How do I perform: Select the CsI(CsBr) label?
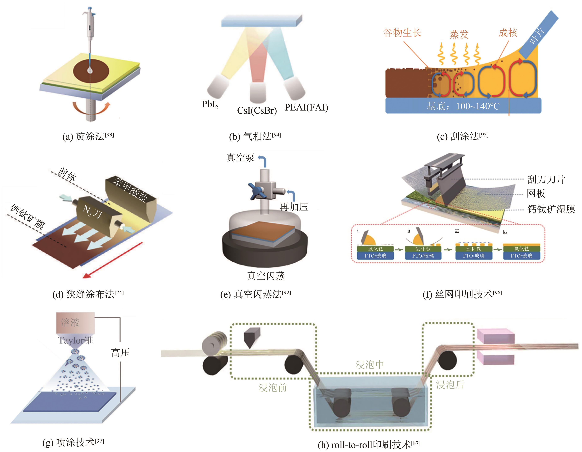click(x=257, y=110)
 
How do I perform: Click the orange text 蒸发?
click(x=459, y=34)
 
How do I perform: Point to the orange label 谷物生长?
click(x=402, y=33)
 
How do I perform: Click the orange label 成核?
click(x=508, y=33)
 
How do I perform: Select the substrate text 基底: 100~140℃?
click(x=463, y=106)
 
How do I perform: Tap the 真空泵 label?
click(x=240, y=157)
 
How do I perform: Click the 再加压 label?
click(x=294, y=207)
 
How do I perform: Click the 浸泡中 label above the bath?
click(x=370, y=364)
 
